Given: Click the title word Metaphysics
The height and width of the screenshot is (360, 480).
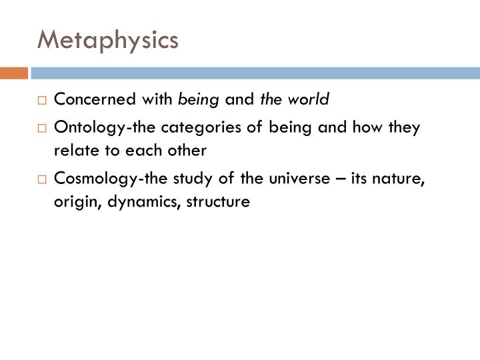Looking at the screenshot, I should pyautogui.click(x=108, y=39).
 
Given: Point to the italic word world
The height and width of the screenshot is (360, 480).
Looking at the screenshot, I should pyautogui.click(x=312, y=100).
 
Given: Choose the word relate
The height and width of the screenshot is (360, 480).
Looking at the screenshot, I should pyautogui.click(x=72, y=151).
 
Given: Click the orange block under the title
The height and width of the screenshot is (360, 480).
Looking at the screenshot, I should pyautogui.click(x=13, y=73).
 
